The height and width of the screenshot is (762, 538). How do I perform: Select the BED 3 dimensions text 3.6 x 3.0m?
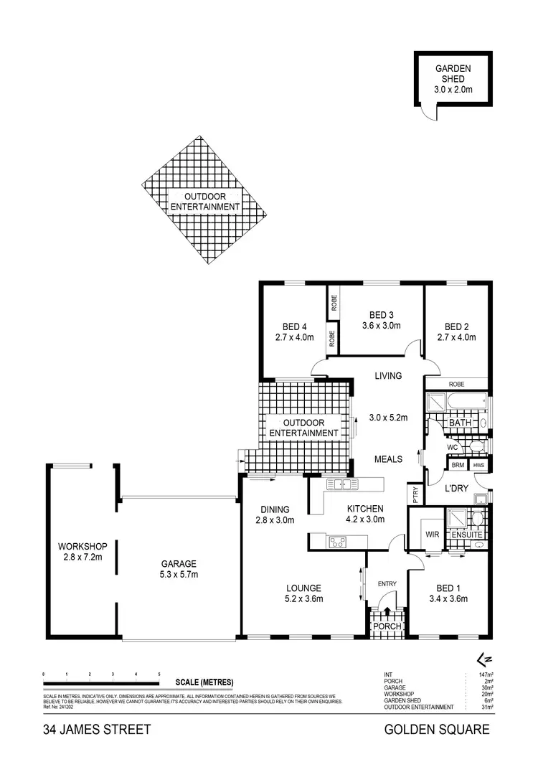pos(381,325)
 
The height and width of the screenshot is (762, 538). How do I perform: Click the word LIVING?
pos(388,376)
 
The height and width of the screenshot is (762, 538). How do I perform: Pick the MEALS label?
pos(388,459)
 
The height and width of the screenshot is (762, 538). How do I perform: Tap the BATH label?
pos(458,424)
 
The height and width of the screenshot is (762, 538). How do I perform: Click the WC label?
pos(452,447)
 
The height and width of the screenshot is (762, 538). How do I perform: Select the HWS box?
pos(478,465)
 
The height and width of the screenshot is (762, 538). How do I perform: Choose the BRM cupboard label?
pos(457,465)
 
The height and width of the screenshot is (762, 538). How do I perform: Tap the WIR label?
pos(431,535)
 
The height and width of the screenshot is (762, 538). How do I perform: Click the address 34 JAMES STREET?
pos(97,730)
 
